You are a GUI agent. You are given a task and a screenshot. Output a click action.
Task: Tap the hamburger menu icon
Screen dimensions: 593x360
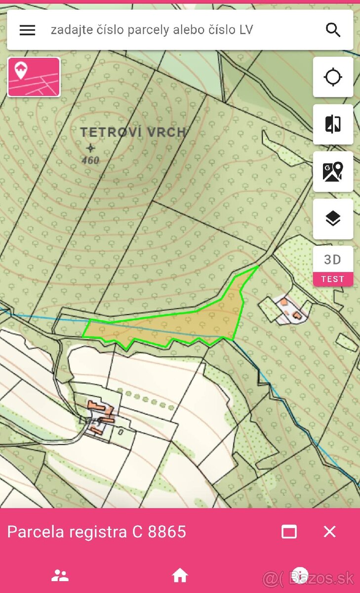click(x=27, y=30)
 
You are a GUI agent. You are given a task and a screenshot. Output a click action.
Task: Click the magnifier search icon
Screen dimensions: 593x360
click(x=333, y=30)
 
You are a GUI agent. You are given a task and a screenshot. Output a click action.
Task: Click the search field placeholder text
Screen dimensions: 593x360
click(x=152, y=30)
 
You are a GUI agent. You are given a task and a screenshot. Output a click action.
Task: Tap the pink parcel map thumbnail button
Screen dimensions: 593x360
click(x=34, y=77)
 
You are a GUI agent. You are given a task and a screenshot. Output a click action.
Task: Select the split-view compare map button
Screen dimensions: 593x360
click(x=333, y=125)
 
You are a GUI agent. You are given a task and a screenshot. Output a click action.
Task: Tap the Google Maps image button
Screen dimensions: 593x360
click(x=333, y=171)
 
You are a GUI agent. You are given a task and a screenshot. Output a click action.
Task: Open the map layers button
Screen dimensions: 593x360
click(x=333, y=218)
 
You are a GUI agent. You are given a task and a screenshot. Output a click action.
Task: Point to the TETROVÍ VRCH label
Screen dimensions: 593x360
click(x=133, y=132)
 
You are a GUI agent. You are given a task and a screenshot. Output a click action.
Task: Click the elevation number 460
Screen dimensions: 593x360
click(x=90, y=160)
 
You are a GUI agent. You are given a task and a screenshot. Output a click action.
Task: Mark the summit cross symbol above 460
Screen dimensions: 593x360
click(x=90, y=148)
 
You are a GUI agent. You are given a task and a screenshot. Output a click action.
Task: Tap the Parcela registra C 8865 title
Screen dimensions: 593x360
click(x=97, y=532)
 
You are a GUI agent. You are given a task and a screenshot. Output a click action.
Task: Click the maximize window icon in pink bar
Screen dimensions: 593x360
click(x=289, y=532)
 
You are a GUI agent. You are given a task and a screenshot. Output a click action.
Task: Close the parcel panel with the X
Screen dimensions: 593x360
click(x=329, y=532)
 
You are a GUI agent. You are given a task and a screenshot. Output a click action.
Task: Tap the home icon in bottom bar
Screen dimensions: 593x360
click(x=180, y=575)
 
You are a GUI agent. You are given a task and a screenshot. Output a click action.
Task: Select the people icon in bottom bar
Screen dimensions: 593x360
click(x=60, y=575)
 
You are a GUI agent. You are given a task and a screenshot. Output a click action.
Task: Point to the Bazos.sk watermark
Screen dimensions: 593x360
click(x=309, y=577)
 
